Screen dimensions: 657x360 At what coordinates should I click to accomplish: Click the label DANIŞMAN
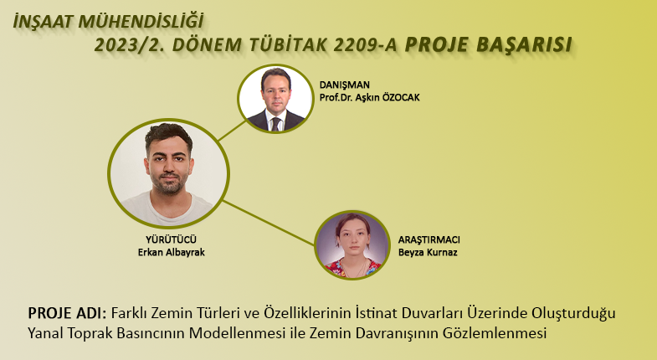pos(345,85)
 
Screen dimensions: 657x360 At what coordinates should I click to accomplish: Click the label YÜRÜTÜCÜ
pos(171,239)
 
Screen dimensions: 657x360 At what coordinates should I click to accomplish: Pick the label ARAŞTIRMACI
pos(429,239)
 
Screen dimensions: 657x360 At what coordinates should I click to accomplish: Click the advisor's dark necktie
pos(275,124)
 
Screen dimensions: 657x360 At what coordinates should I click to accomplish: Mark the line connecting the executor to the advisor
pos(232,131)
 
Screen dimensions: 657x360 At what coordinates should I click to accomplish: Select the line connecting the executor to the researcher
pos(269,223)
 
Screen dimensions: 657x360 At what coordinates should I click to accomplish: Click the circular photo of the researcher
pos(352,245)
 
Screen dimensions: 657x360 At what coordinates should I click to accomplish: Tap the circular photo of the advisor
pos(275,99)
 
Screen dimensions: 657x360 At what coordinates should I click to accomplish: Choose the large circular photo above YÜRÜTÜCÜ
pos(168,173)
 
